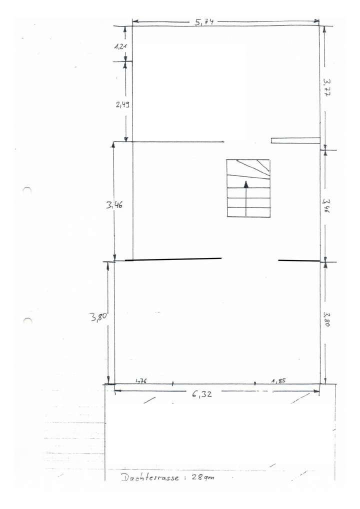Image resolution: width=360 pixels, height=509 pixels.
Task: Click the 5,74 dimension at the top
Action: point(204,21)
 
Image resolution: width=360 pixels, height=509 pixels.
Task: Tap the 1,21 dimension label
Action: point(120,46)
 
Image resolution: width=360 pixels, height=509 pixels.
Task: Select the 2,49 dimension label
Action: point(122,104)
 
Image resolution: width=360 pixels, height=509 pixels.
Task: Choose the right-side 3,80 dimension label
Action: point(326,319)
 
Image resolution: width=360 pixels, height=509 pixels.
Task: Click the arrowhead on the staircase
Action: point(246,184)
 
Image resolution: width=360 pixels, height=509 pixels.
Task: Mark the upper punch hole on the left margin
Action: point(27,190)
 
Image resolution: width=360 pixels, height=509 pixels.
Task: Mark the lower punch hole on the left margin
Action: point(27,320)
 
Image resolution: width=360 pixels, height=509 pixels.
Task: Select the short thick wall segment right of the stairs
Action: point(298,260)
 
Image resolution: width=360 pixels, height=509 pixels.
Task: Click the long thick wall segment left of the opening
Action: point(173,259)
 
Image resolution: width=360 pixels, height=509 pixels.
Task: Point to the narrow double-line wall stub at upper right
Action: point(295,140)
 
